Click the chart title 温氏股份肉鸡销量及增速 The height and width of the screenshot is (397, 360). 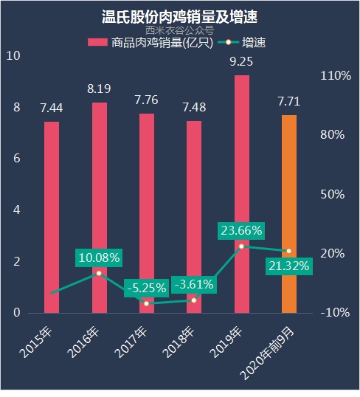tap(180, 15)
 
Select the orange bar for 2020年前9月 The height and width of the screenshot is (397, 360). tap(288, 214)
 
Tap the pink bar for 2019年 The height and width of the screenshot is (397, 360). tap(241, 194)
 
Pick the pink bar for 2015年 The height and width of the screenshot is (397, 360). tap(52, 217)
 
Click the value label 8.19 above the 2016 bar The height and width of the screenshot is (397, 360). tap(99, 89)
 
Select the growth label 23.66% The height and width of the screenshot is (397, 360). tap(241, 230)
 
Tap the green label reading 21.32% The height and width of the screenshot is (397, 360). tap(288, 266)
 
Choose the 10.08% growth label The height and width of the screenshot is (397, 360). tap(99, 258)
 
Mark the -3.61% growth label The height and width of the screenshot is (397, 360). tap(193, 283)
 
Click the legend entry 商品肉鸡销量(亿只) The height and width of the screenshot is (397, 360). tap(150, 42)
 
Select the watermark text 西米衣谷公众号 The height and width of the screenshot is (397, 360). tap(180, 30)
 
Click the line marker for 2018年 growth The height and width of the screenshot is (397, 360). tap(194, 300)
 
